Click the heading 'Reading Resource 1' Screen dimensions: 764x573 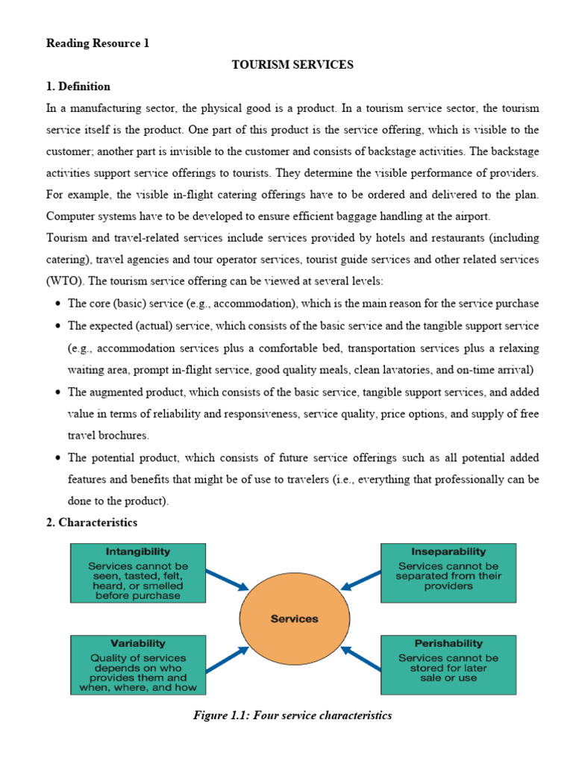98,43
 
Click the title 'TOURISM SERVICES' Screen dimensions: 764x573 292,65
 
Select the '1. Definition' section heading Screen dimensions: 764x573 78,87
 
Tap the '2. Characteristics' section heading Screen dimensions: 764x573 92,522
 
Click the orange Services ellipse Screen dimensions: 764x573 294,619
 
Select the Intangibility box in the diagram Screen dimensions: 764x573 138,573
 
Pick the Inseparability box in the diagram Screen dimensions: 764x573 448,573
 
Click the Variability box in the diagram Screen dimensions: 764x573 138,664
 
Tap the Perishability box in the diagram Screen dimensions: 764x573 448,663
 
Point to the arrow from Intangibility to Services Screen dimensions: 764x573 227,580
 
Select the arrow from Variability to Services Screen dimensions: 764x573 227,660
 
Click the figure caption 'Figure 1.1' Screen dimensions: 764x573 292,716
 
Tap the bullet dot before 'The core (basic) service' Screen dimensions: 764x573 58,304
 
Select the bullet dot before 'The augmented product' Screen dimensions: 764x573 58,392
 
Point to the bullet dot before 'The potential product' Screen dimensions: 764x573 58,458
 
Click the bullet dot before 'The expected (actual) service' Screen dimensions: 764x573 58,327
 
